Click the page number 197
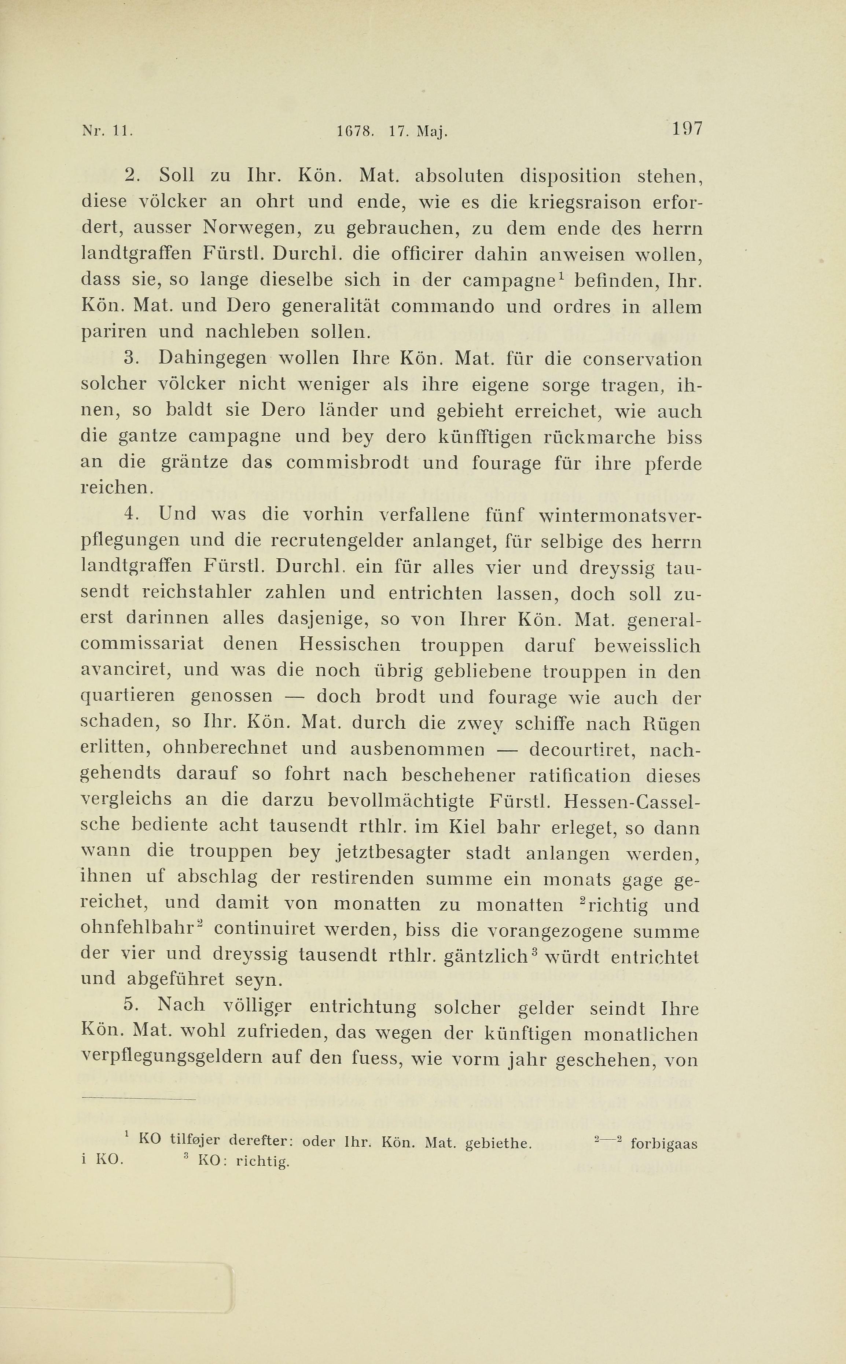687,129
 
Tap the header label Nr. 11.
106,132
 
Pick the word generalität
331,306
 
